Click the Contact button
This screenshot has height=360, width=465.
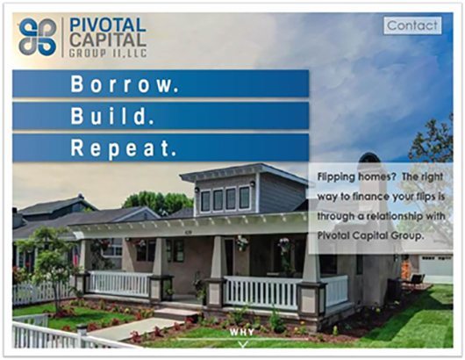point(412,25)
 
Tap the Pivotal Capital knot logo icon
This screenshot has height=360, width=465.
point(38,37)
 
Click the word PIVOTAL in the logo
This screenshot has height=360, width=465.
point(107,25)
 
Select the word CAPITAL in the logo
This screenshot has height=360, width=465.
point(108,40)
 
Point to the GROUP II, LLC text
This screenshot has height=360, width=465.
point(108,54)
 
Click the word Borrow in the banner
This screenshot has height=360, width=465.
point(125,84)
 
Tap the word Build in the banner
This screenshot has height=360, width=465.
point(112,116)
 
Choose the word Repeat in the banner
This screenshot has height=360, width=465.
point(123,148)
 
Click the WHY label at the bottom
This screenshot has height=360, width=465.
point(241,332)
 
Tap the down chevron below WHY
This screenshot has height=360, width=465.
point(243,344)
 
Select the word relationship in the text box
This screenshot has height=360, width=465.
point(395,216)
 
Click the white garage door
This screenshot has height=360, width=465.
point(436,265)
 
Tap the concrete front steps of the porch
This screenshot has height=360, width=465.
point(177,313)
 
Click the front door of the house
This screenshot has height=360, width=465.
point(229,256)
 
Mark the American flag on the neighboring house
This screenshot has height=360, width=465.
point(76,256)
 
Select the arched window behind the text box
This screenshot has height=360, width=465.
point(369,158)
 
